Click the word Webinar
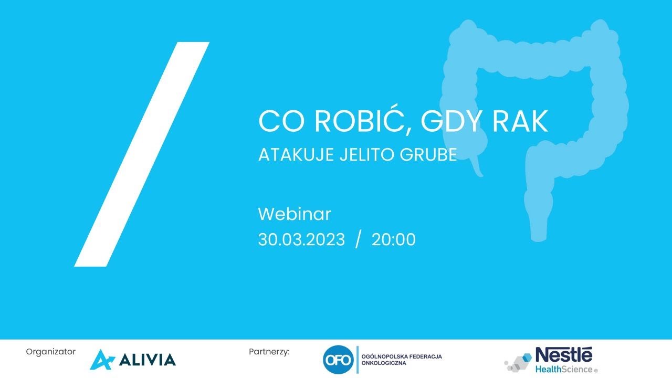click(x=295, y=214)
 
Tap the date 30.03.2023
click(x=301, y=240)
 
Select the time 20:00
click(x=394, y=240)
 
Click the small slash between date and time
click(x=359, y=240)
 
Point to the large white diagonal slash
click(x=142, y=154)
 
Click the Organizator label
click(x=50, y=352)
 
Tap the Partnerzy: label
click(x=269, y=352)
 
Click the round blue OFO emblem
click(x=337, y=360)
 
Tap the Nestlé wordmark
click(x=563, y=354)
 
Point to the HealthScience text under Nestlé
click(x=563, y=369)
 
